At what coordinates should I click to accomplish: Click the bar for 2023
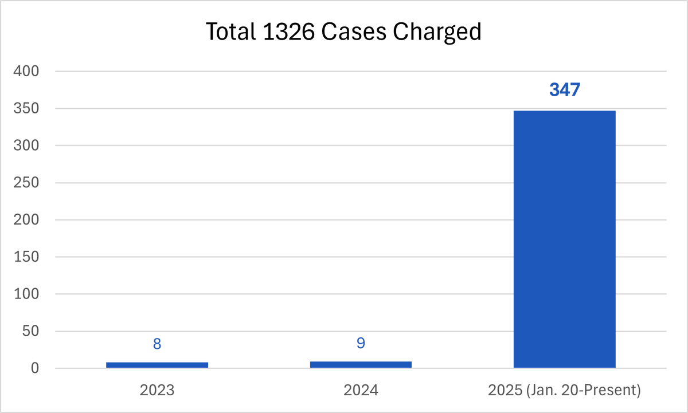[157, 364]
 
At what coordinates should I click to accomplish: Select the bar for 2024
[361, 364]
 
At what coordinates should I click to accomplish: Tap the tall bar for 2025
[564, 239]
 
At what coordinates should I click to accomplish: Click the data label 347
[564, 90]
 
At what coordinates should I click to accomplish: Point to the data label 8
[157, 344]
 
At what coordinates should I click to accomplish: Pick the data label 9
[361, 343]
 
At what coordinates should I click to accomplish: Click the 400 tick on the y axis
[27, 72]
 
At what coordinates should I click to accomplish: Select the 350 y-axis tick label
[27, 109]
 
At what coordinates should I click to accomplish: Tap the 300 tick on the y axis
[27, 146]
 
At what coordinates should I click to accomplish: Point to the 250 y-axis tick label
[27, 183]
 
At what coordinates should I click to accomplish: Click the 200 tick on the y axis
[27, 220]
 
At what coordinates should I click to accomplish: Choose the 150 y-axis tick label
[27, 257]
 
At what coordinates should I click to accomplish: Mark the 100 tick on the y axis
[27, 294]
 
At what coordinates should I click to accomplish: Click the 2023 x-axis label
[157, 391]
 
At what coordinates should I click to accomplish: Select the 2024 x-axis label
[361, 391]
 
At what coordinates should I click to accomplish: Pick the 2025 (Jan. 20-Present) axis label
[564, 391]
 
